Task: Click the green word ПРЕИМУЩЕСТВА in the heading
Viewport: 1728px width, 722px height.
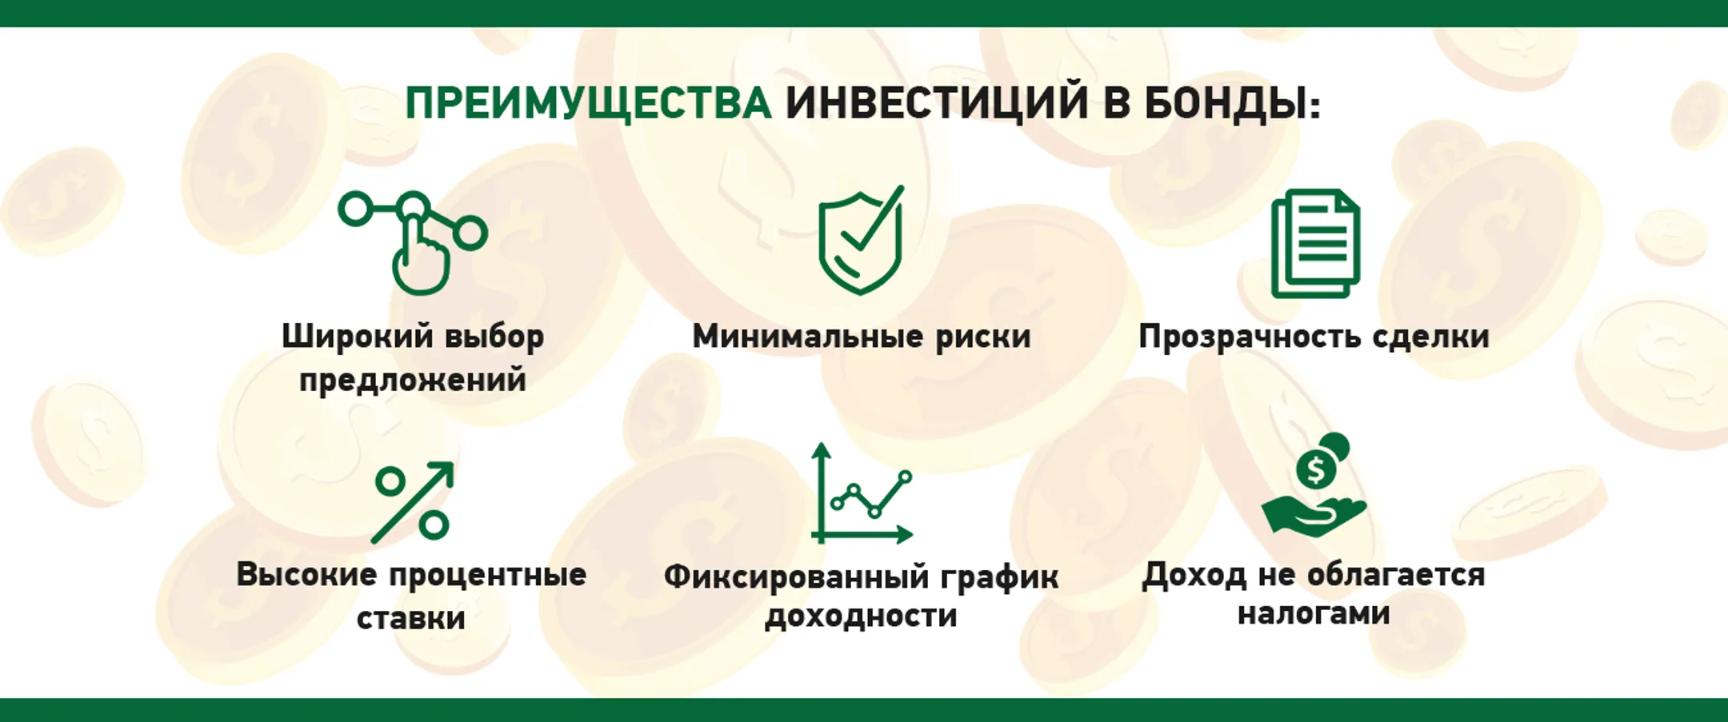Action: pyautogui.click(x=588, y=104)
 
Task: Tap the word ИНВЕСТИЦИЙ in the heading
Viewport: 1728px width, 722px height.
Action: pyautogui.click(x=936, y=104)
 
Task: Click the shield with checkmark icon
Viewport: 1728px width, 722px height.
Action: pyautogui.click(x=861, y=240)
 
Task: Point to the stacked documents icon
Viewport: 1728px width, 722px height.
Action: pyautogui.click(x=1315, y=243)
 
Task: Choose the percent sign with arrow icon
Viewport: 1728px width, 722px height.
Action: pyautogui.click(x=412, y=502)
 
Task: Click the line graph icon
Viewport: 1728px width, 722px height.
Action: pyautogui.click(x=862, y=496)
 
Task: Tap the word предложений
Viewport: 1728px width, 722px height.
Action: pyautogui.click(x=413, y=380)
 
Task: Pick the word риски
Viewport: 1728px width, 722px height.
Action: pyautogui.click(x=983, y=337)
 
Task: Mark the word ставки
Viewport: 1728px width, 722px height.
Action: pyautogui.click(x=411, y=618)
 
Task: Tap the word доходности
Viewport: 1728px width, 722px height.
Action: pyautogui.click(x=861, y=616)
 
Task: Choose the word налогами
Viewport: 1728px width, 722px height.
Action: pyautogui.click(x=1314, y=613)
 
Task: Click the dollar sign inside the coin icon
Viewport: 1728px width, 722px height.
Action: pyautogui.click(x=1315, y=469)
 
